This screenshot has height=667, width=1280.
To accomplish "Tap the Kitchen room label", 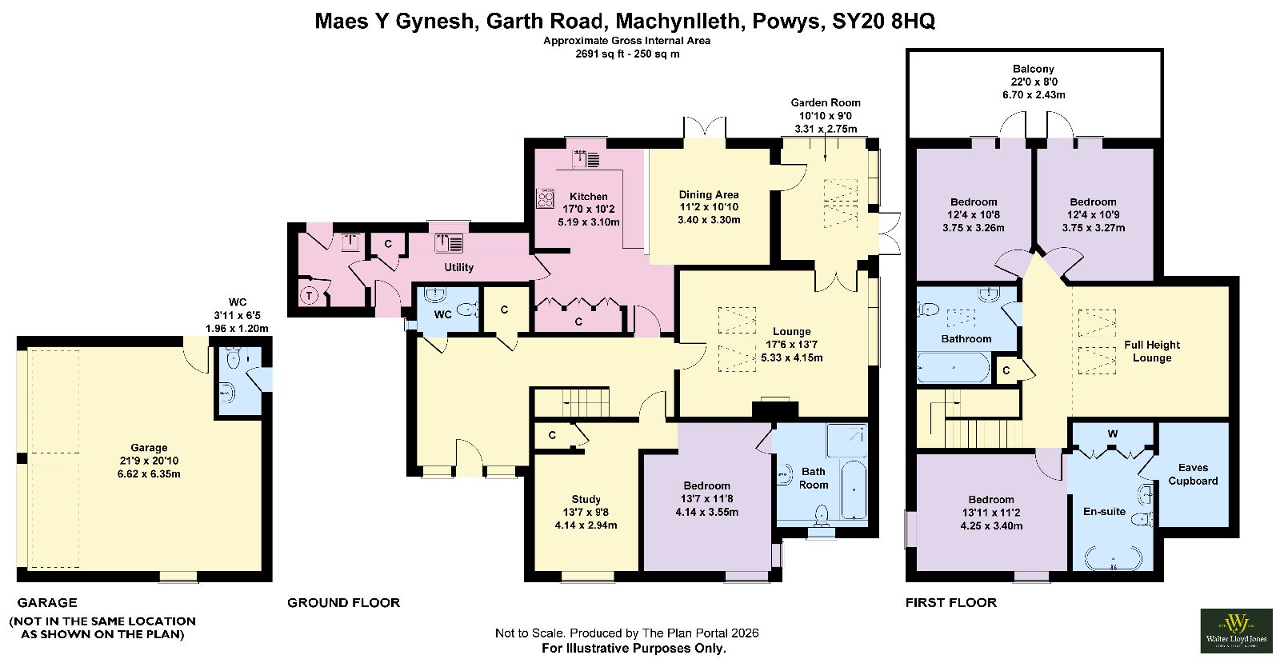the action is (x=589, y=197).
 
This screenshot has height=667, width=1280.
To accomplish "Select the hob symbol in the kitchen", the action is (x=545, y=198).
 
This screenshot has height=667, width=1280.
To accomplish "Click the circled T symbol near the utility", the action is (x=309, y=295).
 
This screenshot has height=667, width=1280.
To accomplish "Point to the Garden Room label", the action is (x=825, y=103).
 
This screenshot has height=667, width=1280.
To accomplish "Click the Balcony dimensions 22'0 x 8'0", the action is (x=1034, y=82).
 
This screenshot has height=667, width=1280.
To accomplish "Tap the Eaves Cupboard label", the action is (x=1193, y=474).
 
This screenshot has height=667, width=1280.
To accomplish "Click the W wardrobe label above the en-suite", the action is (x=1113, y=434).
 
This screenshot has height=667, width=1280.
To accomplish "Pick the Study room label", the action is (x=586, y=499).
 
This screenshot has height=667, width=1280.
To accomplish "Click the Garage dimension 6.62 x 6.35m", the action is (x=149, y=474).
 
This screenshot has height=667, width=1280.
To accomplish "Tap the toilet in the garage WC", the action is (x=233, y=359).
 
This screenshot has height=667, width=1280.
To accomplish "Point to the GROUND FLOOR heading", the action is (x=343, y=602).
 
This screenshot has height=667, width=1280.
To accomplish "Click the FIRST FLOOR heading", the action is (x=951, y=602).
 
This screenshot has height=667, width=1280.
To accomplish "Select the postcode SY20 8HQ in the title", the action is (x=883, y=21).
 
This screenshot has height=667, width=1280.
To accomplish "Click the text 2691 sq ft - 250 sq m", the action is (x=627, y=54).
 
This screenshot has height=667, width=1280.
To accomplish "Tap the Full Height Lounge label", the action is (x=1152, y=351).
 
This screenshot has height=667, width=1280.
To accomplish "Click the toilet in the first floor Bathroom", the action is (x=928, y=310).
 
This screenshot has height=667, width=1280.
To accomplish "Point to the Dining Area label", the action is (x=709, y=194).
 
